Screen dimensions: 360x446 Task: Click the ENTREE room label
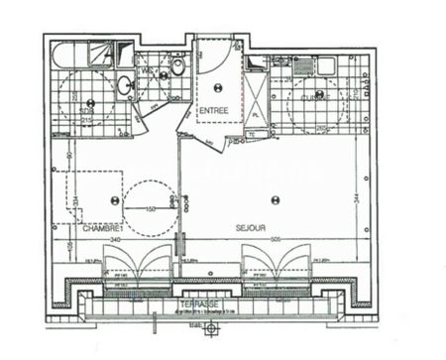[x=213, y=110]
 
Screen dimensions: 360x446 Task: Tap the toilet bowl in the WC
[x=177, y=66]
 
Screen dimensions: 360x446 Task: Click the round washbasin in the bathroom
[x=125, y=86]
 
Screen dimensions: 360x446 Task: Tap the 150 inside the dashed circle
[x=151, y=210]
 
